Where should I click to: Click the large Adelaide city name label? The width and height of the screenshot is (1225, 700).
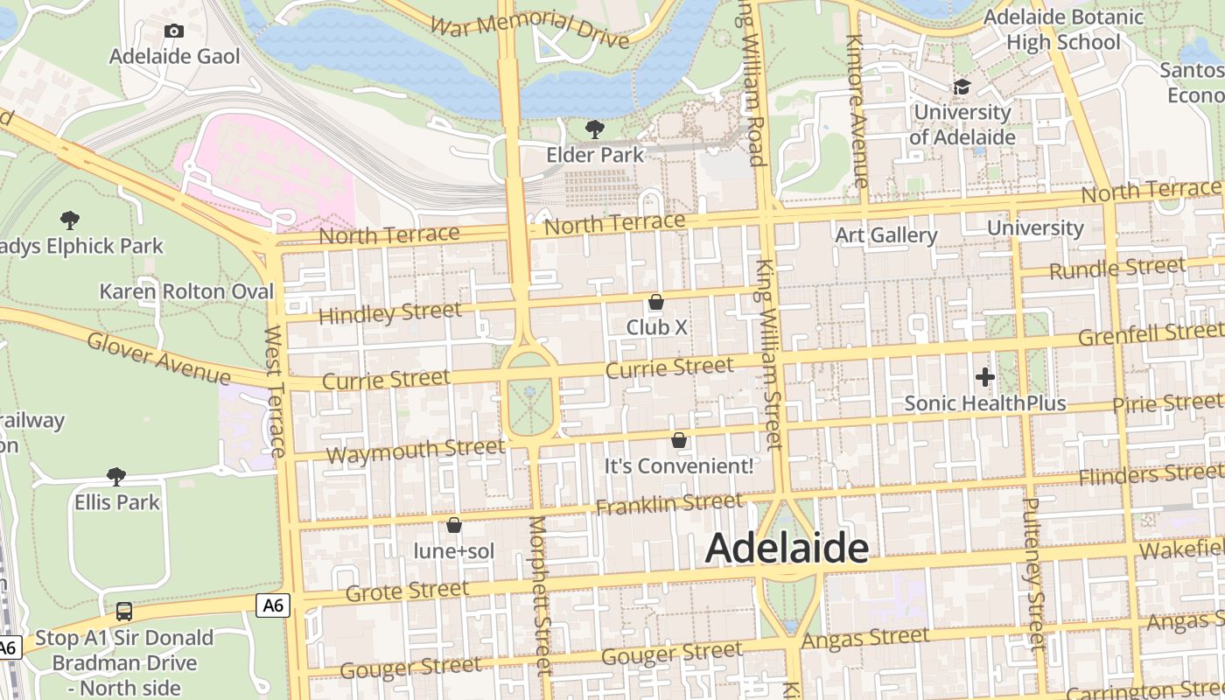coord(787,549)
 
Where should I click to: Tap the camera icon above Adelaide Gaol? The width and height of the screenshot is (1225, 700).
coord(174,31)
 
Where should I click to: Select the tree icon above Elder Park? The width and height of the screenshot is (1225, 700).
coord(595,129)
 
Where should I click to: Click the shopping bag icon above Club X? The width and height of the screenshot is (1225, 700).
coord(656,302)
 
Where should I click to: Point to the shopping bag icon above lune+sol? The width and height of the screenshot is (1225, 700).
coord(454,525)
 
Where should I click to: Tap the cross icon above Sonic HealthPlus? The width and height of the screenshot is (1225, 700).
coord(985,377)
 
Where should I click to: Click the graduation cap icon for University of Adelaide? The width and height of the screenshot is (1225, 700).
coord(962,87)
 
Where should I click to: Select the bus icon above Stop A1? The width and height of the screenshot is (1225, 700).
coord(124,611)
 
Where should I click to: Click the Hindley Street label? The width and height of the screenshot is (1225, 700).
coord(389,312)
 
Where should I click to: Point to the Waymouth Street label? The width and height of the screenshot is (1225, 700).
coord(415,451)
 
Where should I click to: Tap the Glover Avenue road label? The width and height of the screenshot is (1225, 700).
coord(158,358)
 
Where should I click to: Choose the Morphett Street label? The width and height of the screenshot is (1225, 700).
coord(540,595)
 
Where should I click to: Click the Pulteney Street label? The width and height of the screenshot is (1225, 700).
coord(1033,573)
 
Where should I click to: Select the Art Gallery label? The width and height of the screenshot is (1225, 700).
coord(885,234)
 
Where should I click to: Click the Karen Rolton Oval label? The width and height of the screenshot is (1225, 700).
coord(186,291)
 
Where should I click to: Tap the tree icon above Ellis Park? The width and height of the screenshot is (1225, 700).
coord(116,476)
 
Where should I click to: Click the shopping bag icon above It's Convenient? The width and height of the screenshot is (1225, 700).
coord(679,440)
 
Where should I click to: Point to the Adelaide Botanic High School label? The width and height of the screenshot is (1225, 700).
coord(1063,30)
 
